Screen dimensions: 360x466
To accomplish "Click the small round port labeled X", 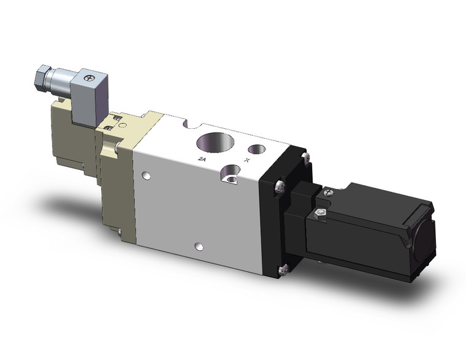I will (x=255, y=149).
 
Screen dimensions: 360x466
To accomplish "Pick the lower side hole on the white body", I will (x=197, y=247).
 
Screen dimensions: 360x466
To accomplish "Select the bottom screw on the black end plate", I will (x=283, y=267).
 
